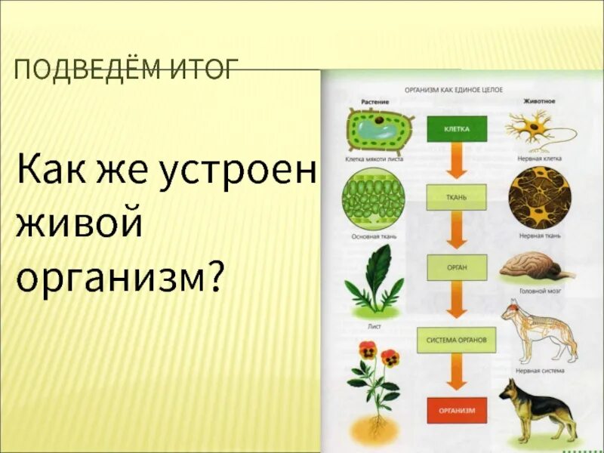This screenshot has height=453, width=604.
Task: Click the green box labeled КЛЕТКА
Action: pyautogui.click(x=457, y=129)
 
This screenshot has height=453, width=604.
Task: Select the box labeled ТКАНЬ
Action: pyautogui.click(x=457, y=197)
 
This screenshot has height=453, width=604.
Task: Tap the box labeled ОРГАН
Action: pyautogui.click(x=457, y=267)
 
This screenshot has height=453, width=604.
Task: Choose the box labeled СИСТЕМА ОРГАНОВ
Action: pyautogui.click(x=456, y=340)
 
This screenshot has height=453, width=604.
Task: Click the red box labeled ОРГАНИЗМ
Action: pyautogui.click(x=457, y=410)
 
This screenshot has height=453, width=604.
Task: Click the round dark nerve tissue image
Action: pyautogui.click(x=539, y=198)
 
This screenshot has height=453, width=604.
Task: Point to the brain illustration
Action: pyautogui.click(x=538, y=267)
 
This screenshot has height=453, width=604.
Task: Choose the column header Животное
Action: pyautogui.click(x=539, y=100)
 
